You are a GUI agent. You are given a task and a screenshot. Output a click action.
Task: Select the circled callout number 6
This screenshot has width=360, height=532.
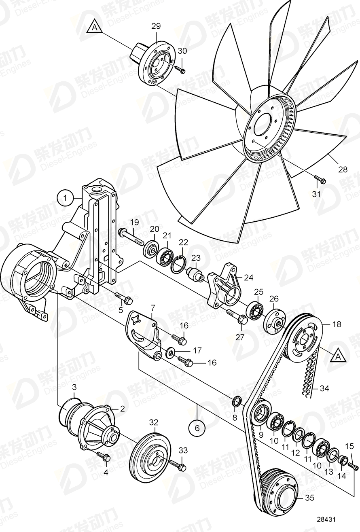[197, 428]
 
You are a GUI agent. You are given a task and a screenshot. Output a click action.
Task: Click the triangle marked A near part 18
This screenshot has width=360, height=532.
[338, 356]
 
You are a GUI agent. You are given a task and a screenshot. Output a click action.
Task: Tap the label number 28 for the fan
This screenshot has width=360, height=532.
[343, 170]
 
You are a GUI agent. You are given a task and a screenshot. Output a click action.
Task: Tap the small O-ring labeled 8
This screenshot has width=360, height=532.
[237, 402]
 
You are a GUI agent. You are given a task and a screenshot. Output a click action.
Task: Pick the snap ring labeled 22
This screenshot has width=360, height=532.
[178, 266]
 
